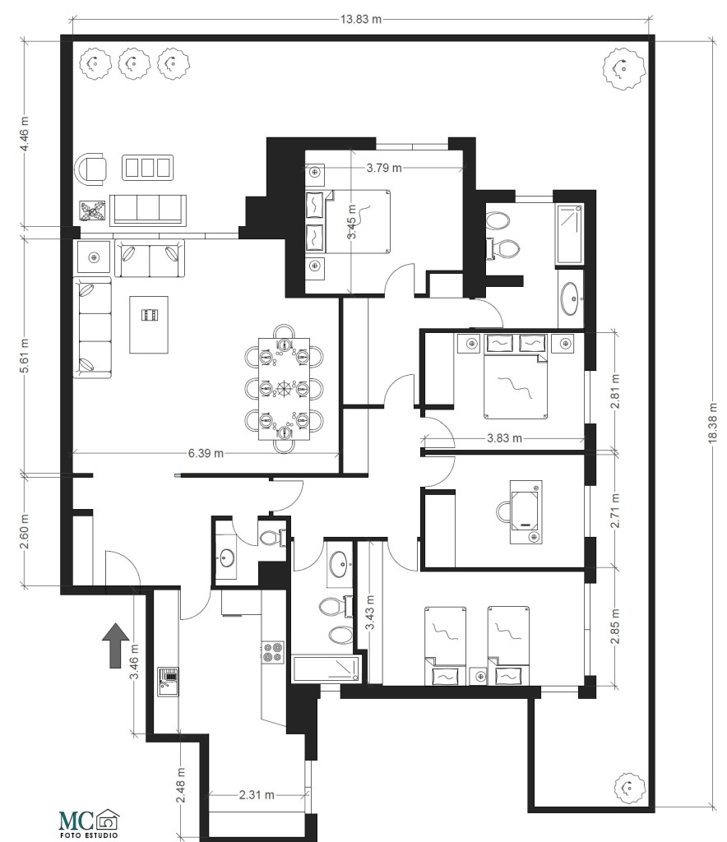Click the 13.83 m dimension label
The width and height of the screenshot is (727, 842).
361,19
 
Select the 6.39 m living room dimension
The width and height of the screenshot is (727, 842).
206,453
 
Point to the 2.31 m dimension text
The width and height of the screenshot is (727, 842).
256,795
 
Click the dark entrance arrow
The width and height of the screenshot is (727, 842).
115,644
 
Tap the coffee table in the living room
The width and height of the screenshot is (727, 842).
148,324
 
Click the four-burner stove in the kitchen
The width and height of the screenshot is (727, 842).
273,652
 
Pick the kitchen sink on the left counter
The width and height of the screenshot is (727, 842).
169,680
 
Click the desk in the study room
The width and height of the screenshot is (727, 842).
524,511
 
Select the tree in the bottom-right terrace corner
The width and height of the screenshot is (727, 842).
627,789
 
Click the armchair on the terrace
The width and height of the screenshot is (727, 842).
92,169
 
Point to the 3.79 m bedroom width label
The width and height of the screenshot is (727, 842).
384,169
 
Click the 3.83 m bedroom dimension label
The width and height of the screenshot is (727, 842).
506,438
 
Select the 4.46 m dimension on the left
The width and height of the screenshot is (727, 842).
26,136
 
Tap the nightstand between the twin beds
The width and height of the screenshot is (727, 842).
477,676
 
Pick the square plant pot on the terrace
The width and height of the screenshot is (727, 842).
92,210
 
